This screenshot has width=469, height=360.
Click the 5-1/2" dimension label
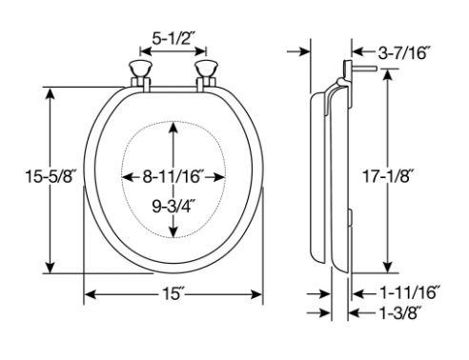pos(173,39)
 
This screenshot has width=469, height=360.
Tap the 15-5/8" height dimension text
pos(51,176)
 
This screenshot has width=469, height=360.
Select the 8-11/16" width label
pos(173,176)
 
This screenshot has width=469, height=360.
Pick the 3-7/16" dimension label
pos(404,52)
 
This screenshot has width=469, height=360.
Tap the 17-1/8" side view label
pos(388,176)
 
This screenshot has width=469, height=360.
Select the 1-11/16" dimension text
pos(410,292)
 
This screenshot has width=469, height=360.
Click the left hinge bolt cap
pos(140,70)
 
